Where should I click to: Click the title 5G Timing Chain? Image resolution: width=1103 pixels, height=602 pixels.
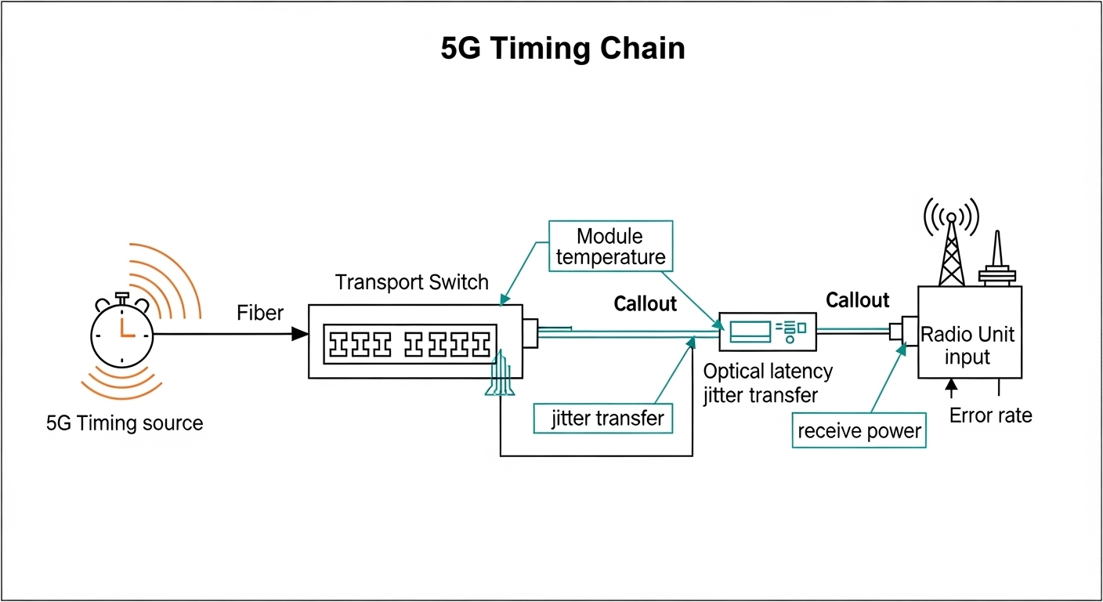[562, 49]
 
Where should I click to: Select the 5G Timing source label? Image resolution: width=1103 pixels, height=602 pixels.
[125, 424]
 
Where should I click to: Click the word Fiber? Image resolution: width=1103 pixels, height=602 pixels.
[260, 314]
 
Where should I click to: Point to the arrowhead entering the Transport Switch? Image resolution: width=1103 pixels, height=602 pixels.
[300, 334]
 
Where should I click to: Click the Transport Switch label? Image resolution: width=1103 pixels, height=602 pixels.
[412, 282]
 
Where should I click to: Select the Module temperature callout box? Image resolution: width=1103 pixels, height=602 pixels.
[609, 246]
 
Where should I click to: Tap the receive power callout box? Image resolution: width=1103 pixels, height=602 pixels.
[859, 430]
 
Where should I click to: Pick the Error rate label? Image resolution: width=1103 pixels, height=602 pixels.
[990, 415]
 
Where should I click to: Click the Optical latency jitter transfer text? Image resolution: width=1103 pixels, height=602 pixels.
[768, 383]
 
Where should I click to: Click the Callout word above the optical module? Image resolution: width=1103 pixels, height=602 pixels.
[646, 303]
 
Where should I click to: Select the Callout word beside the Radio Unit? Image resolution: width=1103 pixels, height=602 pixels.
[858, 300]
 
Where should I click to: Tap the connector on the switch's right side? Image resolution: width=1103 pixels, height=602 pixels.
[530, 333]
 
